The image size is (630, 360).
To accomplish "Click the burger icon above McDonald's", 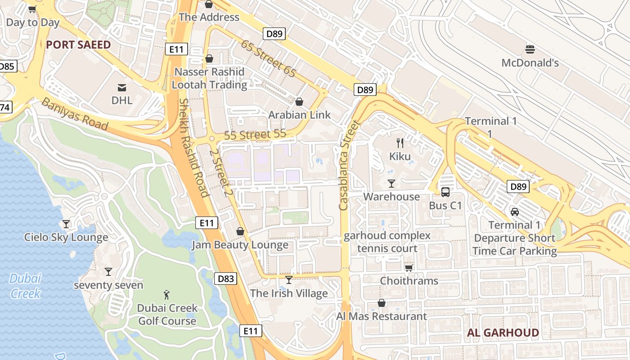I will pos(530,49).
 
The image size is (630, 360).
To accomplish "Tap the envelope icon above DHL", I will pos(122,87).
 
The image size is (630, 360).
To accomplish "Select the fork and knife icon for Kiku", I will pos(400,143).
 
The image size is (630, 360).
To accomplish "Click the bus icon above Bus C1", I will pos(445,192).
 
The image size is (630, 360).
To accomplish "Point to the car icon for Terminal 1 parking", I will pos(515,211).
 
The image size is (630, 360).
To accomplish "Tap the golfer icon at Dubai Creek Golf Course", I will pos(167,295).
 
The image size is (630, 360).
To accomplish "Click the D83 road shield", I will pos(225,279).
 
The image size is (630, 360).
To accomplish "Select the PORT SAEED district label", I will pos(78,45).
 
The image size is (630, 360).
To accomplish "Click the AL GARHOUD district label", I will pos(503,333).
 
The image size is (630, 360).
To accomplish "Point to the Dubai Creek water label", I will pos(25,286).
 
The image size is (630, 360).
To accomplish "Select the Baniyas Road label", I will pos(75,114).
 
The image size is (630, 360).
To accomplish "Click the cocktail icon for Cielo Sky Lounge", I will pos(66,224).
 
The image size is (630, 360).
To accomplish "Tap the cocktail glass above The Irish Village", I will pos(289,280).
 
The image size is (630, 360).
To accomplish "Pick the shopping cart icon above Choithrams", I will pos(409,268).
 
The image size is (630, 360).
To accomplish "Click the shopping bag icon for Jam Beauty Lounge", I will pos(240,231).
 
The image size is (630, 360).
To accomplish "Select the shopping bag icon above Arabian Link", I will pos(299,102).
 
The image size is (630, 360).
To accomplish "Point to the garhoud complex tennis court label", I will pos(387,242).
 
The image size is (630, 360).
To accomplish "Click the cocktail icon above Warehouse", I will pos(391,183).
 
